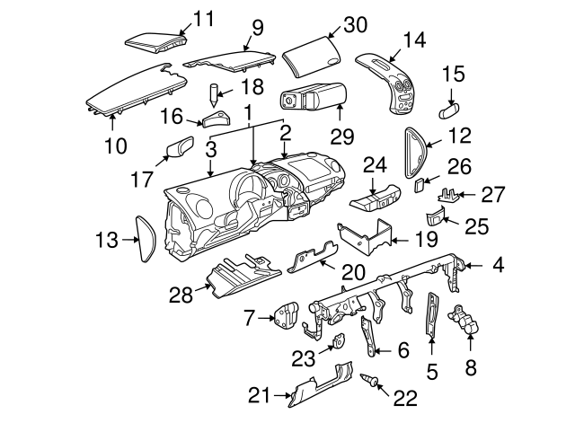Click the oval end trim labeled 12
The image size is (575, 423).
coord(415,150)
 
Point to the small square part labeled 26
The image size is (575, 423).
coord(420,185)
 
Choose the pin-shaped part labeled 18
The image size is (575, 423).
coord(215,93)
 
